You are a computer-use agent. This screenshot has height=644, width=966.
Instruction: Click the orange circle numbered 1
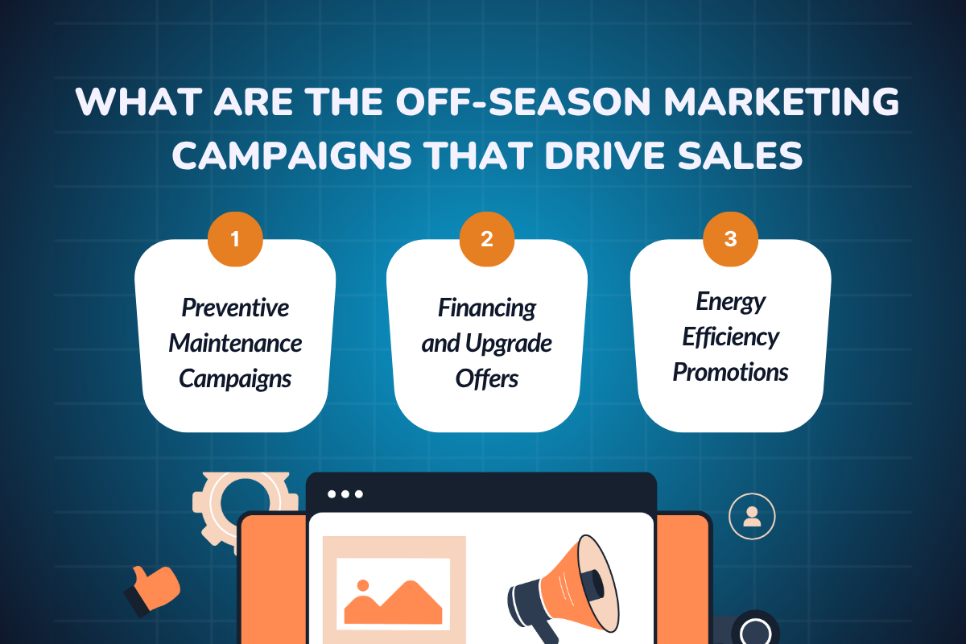[235, 239]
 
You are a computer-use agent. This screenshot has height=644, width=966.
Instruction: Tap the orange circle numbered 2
[486, 239]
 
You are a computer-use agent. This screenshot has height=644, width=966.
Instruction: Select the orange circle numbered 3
[730, 239]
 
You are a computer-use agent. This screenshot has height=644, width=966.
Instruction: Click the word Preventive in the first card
[235, 308]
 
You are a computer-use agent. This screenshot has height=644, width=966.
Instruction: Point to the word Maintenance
[235, 344]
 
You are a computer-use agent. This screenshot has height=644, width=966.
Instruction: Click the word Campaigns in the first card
[235, 378]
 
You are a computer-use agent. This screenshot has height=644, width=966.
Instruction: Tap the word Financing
[487, 308]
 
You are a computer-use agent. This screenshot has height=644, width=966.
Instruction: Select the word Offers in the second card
[487, 378]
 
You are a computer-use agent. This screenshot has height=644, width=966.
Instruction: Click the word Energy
[731, 302]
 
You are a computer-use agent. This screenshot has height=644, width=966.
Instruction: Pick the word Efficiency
[731, 337]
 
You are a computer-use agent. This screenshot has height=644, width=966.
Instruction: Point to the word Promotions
[731, 372]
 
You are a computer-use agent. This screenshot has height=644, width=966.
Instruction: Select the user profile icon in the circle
[752, 516]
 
